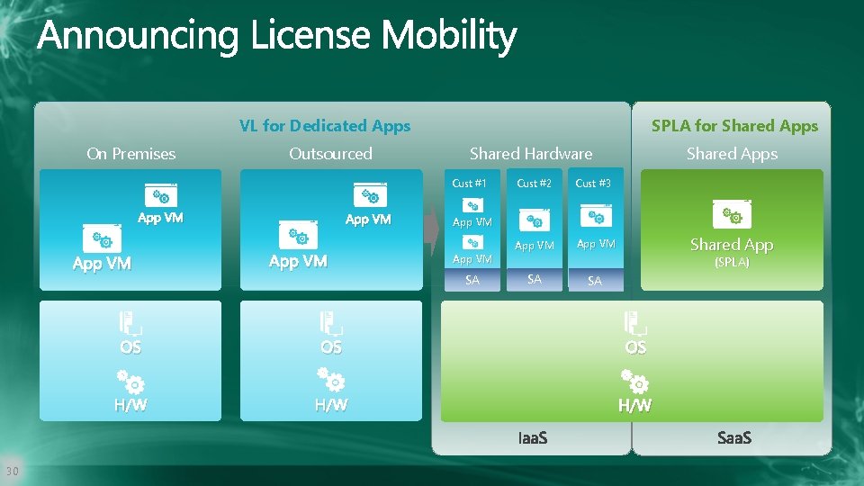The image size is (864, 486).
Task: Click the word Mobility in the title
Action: coord(448,36)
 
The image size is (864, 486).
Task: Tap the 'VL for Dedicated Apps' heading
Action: coord(325,126)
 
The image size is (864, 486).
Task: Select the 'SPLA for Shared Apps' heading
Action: coord(734,126)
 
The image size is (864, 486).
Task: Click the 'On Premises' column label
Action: coord(131,154)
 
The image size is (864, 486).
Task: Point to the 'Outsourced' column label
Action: coord(330,154)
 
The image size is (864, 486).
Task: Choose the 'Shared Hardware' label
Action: coord(531,154)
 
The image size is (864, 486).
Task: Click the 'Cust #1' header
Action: coord(469,184)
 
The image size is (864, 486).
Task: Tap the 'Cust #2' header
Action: coord(534,184)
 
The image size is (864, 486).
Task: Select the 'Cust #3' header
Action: coord(593,184)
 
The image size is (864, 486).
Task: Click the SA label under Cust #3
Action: coord(594,282)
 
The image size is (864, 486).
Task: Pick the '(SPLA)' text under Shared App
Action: coord(732,263)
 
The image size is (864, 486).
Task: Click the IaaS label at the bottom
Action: coord(533,438)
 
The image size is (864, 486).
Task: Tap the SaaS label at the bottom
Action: coord(734,438)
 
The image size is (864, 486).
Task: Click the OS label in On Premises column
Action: coord(130,347)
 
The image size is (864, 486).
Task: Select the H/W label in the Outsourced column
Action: coord(331,406)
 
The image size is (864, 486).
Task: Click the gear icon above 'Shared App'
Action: coord(732,215)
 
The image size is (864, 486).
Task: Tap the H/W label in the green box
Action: coord(634,406)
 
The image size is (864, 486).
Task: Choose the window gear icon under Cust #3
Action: coord(596,216)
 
